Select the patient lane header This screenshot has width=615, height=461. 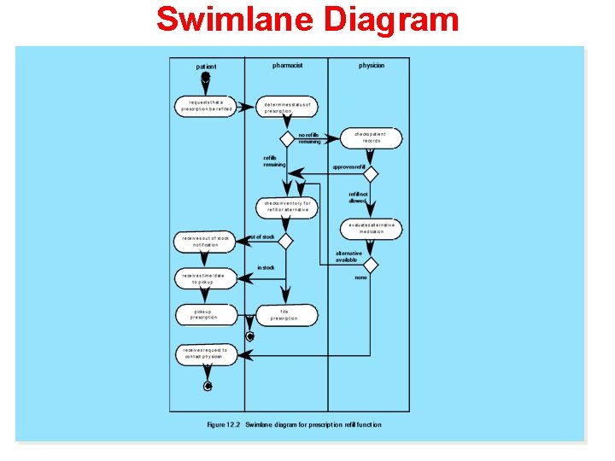coord(206,66)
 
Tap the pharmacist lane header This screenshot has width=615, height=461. coord(287,65)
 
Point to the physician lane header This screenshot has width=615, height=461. coord(372,65)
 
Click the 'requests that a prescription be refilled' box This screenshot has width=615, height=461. coord(206,106)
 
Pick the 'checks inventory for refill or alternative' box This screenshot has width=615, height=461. coord(287,207)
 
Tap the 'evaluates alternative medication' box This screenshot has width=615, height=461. coord(372,228)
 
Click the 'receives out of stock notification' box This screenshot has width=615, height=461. coord(206,242)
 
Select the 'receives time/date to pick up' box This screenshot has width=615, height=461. coord(206,278)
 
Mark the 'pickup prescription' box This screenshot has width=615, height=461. coord(204,314)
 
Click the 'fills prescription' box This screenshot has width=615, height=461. coord(284,315)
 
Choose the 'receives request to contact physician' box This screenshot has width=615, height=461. coord(205,353)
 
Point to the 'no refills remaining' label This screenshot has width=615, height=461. coord(309,137)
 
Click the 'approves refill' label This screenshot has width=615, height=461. coord(348,167)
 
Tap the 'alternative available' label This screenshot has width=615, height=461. coord(348,256)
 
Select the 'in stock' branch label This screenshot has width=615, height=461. coord(266,267)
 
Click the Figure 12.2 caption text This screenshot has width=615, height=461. coord(295,424)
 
